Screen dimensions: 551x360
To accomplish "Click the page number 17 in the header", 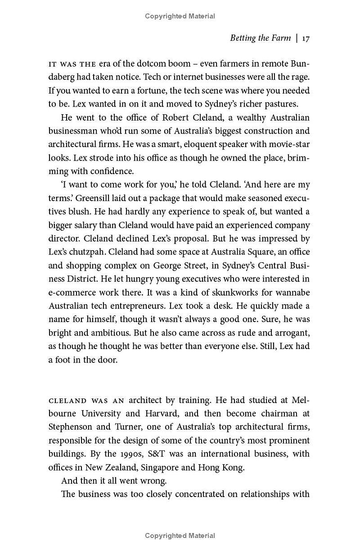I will (306, 38).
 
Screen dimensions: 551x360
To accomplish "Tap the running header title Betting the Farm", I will (260, 38).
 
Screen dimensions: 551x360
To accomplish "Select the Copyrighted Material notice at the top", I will (180, 16).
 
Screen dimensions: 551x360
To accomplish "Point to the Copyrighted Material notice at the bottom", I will (180, 536).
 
